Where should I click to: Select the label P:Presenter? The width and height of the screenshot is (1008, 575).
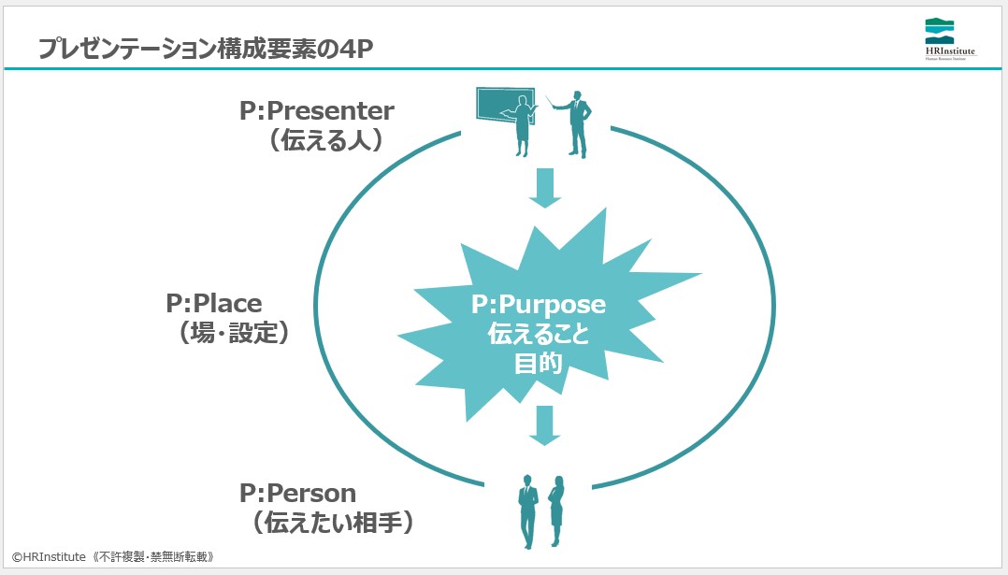pyautogui.click(x=316, y=111)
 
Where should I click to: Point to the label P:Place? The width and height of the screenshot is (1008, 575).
pyautogui.click(x=214, y=303)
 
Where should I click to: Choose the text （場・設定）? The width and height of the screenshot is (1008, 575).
pyautogui.click(x=228, y=333)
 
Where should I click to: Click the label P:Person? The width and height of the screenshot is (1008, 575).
pyautogui.click(x=297, y=492)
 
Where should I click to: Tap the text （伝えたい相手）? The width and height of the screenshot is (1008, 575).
pyautogui.click(x=332, y=522)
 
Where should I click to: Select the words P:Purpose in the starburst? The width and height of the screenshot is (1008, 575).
pyautogui.click(x=538, y=305)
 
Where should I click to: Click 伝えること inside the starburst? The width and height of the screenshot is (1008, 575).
pyautogui.click(x=538, y=334)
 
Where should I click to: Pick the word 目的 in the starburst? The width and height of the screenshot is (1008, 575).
pyautogui.click(x=538, y=364)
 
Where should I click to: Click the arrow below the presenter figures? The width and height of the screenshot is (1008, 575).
pyautogui.click(x=544, y=188)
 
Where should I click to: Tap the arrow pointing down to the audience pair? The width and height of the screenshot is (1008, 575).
pyautogui.click(x=544, y=425)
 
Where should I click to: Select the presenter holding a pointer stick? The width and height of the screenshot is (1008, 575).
pyautogui.click(x=577, y=122)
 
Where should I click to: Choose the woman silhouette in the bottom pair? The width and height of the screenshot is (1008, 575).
pyautogui.click(x=557, y=511)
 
